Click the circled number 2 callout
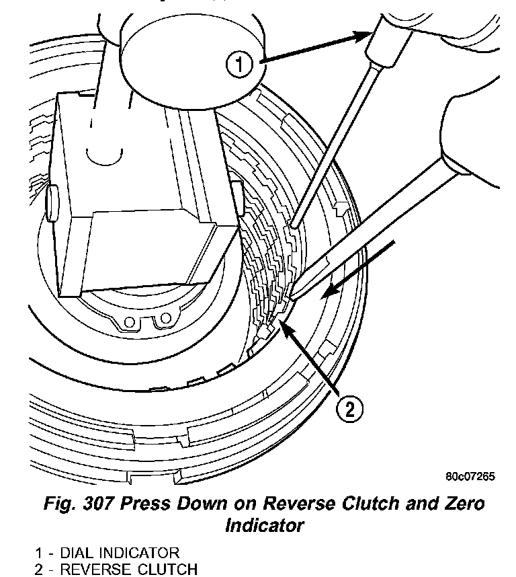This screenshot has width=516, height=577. tap(349, 408)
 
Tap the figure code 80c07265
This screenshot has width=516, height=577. tap(470, 476)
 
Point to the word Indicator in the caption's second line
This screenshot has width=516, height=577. tap(263, 525)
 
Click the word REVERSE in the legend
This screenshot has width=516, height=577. tap(98, 570)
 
